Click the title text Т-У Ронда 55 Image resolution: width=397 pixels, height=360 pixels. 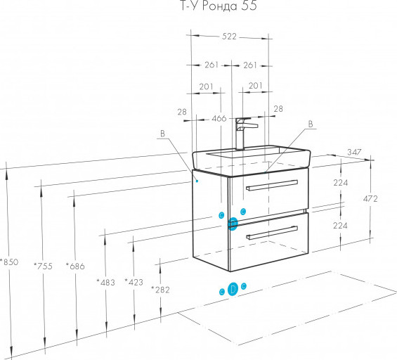tap(219, 6)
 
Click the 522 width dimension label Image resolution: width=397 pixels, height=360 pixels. tap(229, 37)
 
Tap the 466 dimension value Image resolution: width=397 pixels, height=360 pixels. tap(219, 118)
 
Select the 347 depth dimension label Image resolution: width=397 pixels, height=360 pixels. tap(354, 152)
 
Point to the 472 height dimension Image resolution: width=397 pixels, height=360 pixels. tap(370, 199)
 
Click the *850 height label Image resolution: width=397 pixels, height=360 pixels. tap(9, 262)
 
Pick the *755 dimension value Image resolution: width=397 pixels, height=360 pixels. tap(43, 266)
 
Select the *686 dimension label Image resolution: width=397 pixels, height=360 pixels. tap(75, 266)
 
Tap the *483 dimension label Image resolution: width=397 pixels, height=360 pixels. tap(106, 282)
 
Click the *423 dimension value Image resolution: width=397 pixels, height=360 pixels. tap(134, 282)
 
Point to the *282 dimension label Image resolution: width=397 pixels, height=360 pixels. tap(160, 289)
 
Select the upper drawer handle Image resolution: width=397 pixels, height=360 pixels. tap(272, 185)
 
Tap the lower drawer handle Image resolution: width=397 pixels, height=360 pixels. tap(272, 233)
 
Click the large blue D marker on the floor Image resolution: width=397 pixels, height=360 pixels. tap(233, 289)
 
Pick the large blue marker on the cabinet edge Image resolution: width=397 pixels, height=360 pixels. tap(233, 224)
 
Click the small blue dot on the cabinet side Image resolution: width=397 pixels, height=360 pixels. tap(197, 181)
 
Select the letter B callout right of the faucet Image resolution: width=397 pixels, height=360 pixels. tap(311, 124)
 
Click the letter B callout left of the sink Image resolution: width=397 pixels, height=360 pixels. tap(162, 134)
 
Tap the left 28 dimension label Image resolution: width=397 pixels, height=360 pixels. tap(182, 112)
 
